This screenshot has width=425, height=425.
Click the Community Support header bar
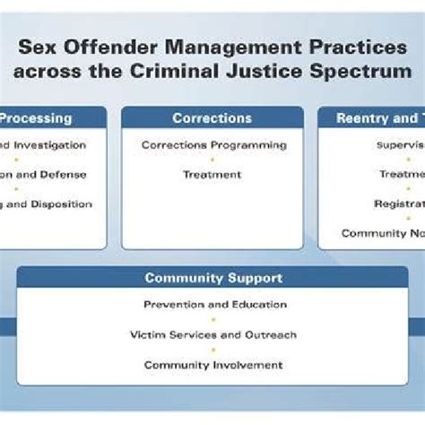click(x=213, y=278)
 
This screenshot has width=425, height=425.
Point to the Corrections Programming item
click(x=214, y=144)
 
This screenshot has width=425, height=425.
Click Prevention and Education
click(x=215, y=305)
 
